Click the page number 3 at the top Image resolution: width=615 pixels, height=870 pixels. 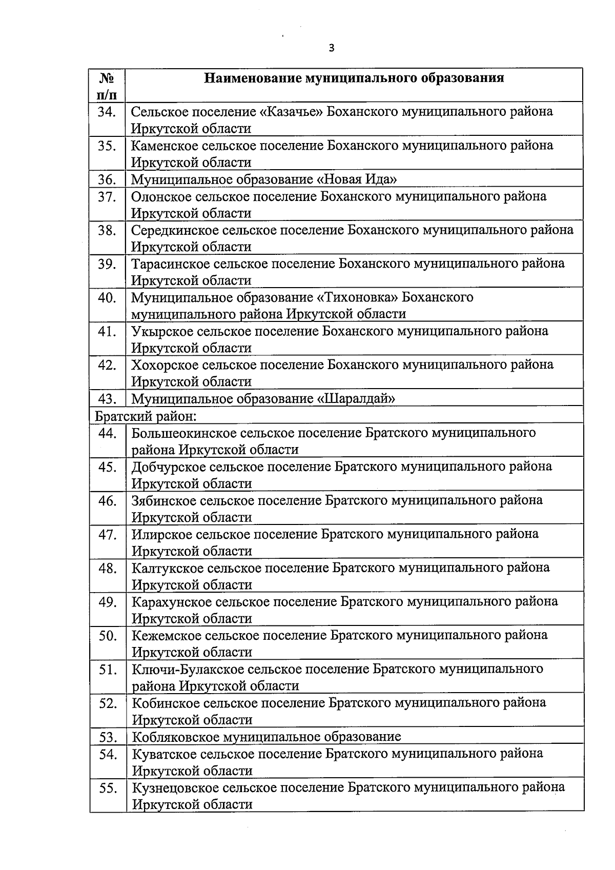tap(331, 48)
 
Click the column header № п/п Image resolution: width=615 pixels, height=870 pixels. tap(106, 86)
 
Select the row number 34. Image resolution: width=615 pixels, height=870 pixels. tap(107, 111)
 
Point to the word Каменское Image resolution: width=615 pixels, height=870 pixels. tap(165, 145)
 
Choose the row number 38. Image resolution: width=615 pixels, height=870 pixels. tap(107, 230)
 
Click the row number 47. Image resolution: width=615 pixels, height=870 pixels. tap(107, 534)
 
